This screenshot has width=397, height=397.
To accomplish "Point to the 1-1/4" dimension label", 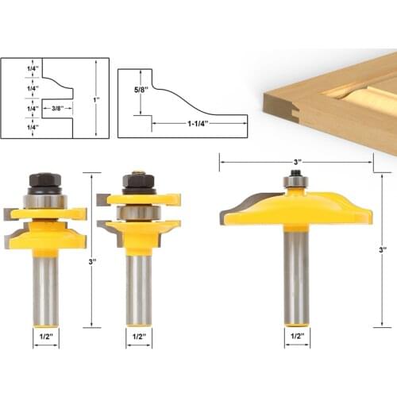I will click(199, 124).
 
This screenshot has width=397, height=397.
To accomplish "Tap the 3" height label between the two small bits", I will click(94, 261).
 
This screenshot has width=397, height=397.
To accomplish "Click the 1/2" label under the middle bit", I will click(138, 336).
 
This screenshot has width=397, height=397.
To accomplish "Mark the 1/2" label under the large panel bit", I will click(295, 337).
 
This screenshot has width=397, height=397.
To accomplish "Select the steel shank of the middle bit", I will click(138, 286).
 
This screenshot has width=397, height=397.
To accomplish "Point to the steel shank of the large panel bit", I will click(295, 278).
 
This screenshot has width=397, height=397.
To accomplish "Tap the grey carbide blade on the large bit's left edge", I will click(230, 207).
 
